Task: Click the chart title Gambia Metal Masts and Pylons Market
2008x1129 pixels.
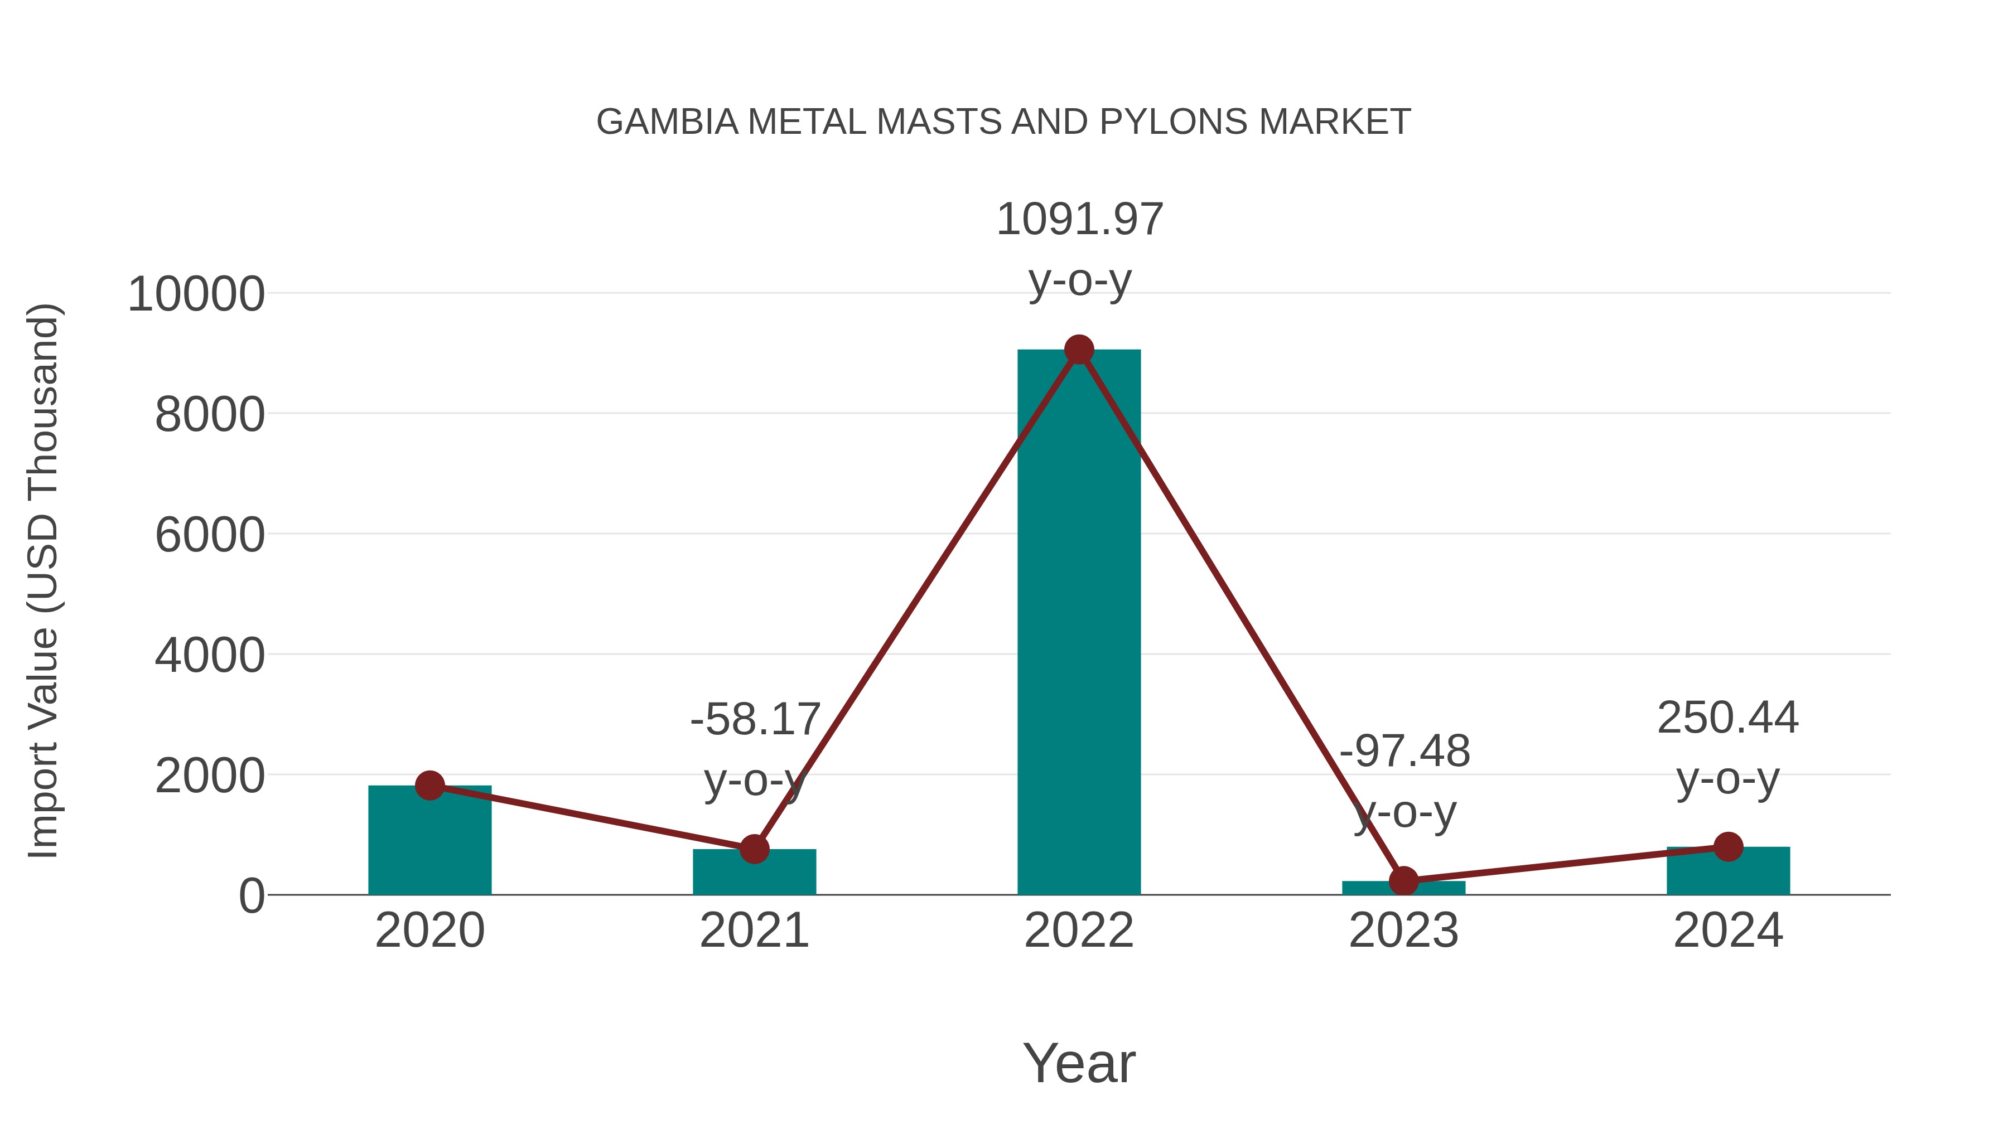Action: [x=1003, y=122]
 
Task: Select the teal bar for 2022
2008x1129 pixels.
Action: [x=1079, y=623]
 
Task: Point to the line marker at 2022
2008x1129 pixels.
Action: [x=1079, y=350]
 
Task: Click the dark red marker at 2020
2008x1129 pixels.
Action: [x=429, y=786]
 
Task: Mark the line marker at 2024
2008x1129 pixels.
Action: [x=1728, y=846]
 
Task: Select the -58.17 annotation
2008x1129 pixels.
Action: [x=755, y=719]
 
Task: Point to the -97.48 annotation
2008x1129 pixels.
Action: [x=1404, y=752]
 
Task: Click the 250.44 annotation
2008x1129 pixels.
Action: [x=1728, y=718]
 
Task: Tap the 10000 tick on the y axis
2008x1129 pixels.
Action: [x=196, y=295]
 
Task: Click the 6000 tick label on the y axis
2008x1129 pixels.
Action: [x=210, y=536]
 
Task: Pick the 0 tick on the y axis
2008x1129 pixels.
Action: [x=251, y=896]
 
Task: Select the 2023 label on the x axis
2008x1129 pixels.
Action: [x=1403, y=931]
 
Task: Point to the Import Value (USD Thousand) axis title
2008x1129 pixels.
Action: [x=43, y=580]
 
